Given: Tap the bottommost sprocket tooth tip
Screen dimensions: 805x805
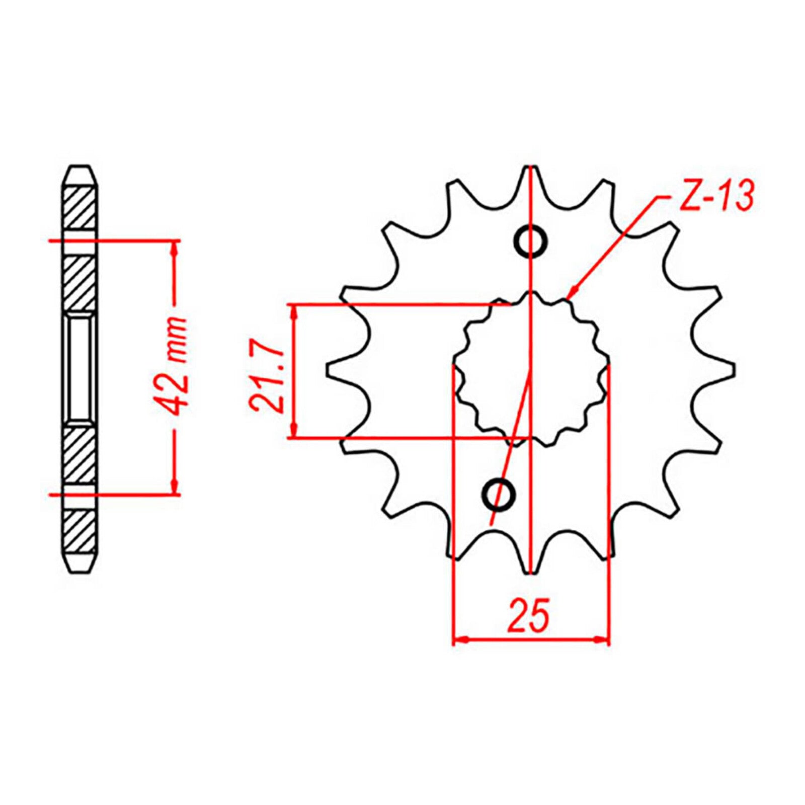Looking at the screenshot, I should click(x=531, y=572).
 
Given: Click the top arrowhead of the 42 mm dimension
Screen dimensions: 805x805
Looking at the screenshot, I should click(x=175, y=247).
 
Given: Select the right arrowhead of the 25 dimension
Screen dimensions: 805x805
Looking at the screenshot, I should click(x=603, y=640).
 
